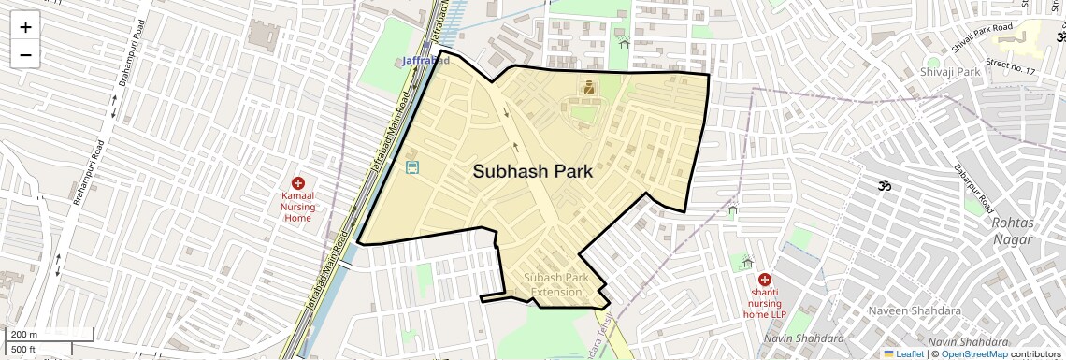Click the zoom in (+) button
(25, 27)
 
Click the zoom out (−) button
(25, 54)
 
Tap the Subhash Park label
(533, 172)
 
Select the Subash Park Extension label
(556, 285)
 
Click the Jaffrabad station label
(425, 61)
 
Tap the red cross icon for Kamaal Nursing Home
(297, 183)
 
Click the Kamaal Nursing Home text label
(296, 208)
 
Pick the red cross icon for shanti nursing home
(765, 280)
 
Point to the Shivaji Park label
(949, 72)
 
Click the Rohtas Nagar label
(1012, 231)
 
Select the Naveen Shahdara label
(901, 310)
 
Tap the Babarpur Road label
(972, 187)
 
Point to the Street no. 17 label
(1011, 66)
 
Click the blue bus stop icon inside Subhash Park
(412, 168)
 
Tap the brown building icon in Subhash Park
(589, 88)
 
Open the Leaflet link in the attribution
(903, 353)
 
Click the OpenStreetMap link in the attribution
(973, 353)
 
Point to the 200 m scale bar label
(24, 335)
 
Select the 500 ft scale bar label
(23, 350)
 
